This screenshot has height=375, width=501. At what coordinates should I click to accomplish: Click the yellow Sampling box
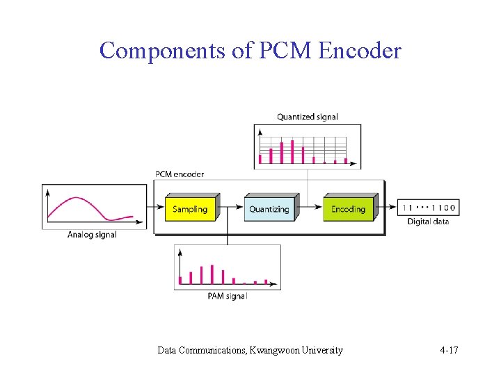190,209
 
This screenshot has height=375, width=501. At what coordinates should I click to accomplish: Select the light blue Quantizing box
269,209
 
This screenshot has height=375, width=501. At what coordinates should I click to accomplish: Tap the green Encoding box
348,209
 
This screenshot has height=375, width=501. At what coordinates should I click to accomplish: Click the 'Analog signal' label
92,235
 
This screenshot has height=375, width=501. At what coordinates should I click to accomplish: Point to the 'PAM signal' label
228,297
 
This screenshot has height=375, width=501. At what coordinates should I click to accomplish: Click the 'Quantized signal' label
308,117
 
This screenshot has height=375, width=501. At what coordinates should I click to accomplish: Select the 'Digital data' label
428,222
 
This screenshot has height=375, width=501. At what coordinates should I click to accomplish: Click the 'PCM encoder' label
180,174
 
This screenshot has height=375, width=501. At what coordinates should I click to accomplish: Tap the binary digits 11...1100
428,208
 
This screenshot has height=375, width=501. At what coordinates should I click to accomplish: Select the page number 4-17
449,350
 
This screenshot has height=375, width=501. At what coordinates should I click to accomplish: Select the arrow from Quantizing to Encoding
310,208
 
